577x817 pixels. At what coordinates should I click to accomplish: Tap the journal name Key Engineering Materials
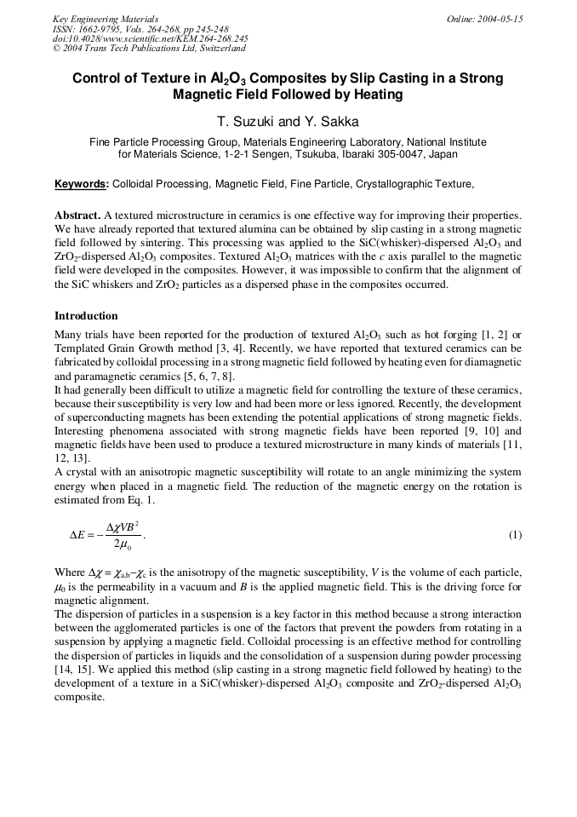click(x=105, y=19)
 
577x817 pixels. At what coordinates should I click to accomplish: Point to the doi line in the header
click(x=150, y=38)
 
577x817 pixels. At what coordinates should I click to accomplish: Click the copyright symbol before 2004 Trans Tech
click(x=57, y=49)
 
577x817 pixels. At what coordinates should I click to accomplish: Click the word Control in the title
click(x=95, y=78)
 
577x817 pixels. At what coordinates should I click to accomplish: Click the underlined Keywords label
click(x=82, y=184)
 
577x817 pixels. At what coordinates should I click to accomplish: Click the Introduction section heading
click(x=86, y=316)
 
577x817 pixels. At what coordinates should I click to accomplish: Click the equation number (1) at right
click(x=515, y=535)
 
